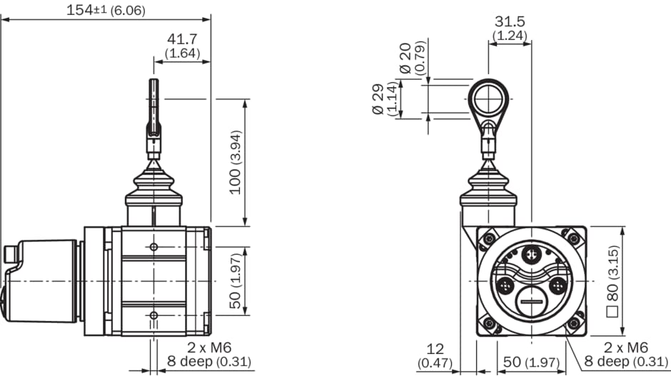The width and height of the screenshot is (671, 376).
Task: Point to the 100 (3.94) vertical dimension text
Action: tap(236, 162)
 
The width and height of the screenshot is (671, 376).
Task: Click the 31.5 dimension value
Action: tap(510, 21)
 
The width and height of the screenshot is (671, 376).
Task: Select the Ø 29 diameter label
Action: tap(379, 100)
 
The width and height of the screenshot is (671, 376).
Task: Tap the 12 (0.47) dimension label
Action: tap(435, 355)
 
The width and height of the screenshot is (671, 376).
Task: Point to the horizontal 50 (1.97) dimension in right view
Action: tap(530, 362)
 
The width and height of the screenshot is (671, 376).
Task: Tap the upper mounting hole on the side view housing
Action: tap(153, 247)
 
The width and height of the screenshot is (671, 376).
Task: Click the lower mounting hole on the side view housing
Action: tap(153, 315)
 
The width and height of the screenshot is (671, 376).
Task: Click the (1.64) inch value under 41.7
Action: tap(182, 54)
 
